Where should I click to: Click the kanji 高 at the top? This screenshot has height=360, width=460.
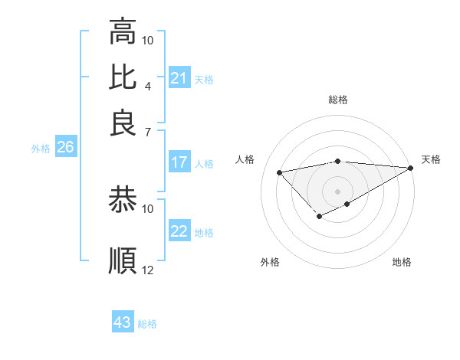click(123, 31)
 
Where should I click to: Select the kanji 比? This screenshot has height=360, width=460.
click(123, 77)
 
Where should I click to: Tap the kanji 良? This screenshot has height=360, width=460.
click(123, 123)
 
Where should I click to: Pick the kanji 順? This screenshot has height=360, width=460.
click(123, 260)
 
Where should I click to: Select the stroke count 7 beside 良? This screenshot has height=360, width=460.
click(147, 131)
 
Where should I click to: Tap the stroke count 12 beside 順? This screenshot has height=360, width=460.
click(148, 270)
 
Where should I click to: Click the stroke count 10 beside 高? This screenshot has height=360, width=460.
click(148, 40)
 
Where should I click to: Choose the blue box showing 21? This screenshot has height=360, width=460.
click(179, 78)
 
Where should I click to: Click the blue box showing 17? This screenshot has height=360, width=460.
click(179, 162)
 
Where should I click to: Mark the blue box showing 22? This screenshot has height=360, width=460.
click(179, 231)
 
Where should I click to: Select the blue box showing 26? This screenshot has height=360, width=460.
click(65, 148)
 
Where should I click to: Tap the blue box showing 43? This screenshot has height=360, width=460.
click(123, 322)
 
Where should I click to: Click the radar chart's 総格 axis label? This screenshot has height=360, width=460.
click(338, 100)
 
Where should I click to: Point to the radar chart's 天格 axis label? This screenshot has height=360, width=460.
click(431, 159)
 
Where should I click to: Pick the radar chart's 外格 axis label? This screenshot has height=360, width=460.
click(270, 262)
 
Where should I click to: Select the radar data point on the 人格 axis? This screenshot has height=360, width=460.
click(279, 172)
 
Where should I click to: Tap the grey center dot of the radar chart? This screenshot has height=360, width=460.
click(338, 191)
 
